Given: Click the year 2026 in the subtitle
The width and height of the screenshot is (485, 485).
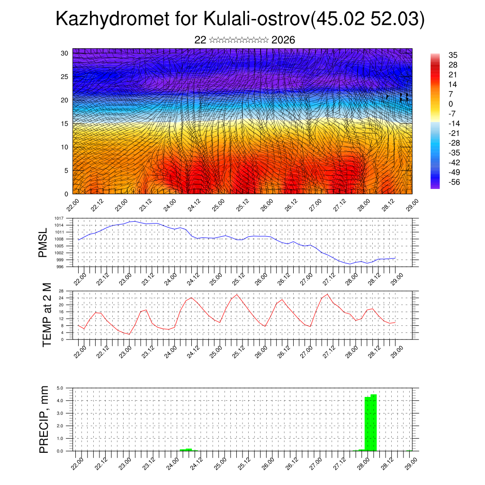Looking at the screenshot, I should pos(283,40).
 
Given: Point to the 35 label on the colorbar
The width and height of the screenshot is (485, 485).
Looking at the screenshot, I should pos(453,55).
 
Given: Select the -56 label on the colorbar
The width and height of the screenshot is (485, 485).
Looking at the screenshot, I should pos(452,182).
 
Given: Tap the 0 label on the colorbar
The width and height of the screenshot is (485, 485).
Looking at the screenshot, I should pos(451,104).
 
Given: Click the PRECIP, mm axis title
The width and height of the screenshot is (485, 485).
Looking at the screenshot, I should pos(44,419).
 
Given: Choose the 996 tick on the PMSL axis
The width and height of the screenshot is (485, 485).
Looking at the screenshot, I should pos(60,267).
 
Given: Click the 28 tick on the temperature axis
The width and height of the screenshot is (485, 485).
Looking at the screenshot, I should pos(62,291).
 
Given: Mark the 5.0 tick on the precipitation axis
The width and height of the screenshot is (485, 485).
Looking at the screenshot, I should pos(60,388).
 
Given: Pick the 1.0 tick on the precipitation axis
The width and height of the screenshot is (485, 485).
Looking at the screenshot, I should pos(60,439).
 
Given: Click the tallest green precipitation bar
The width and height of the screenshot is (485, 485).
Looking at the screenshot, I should pos(374,422).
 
